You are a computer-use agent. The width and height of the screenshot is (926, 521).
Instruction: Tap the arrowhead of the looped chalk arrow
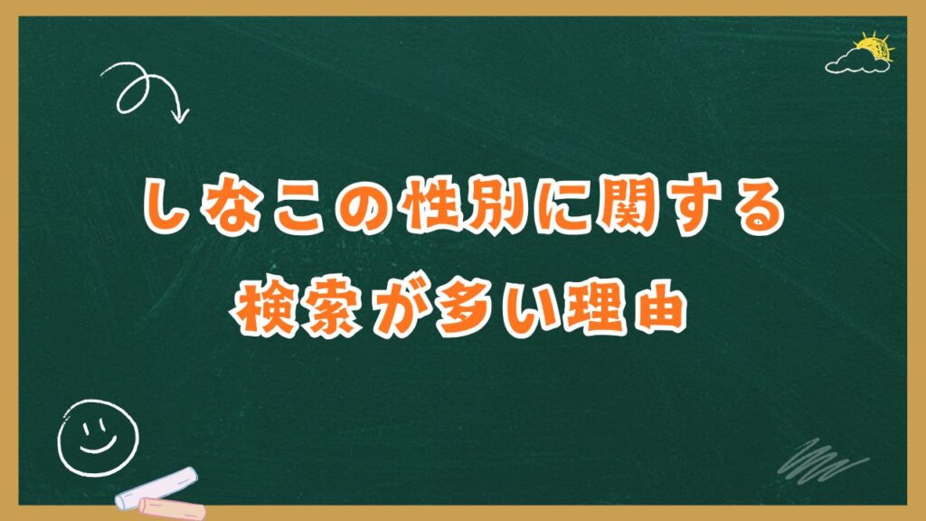click(x=181, y=116)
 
